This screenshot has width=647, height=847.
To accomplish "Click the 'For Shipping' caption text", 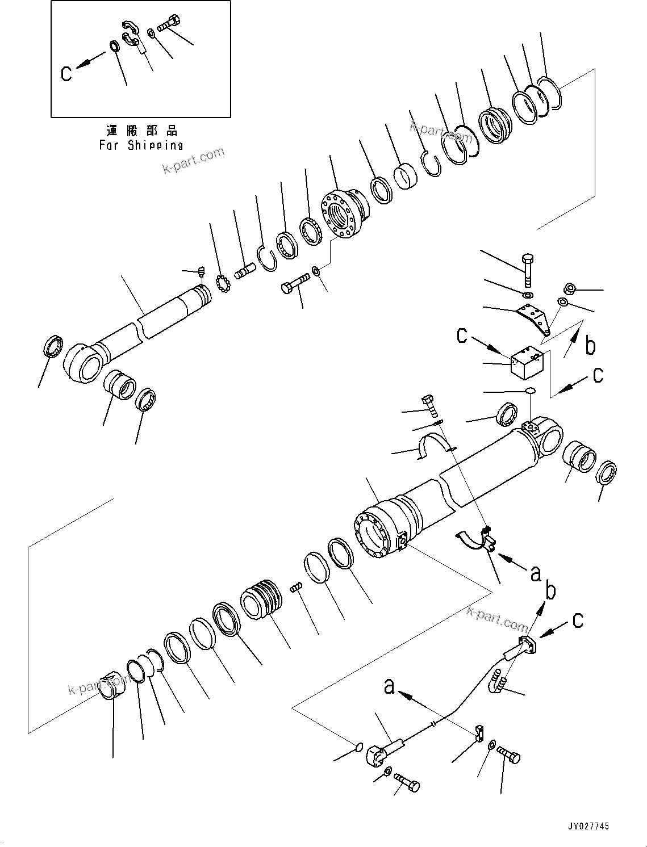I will [141, 145].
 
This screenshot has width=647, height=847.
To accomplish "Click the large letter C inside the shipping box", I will [66, 73].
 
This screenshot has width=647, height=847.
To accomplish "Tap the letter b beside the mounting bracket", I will [590, 346].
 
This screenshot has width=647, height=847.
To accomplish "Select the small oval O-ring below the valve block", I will [529, 391].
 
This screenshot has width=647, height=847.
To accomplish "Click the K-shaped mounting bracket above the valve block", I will [535, 318].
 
